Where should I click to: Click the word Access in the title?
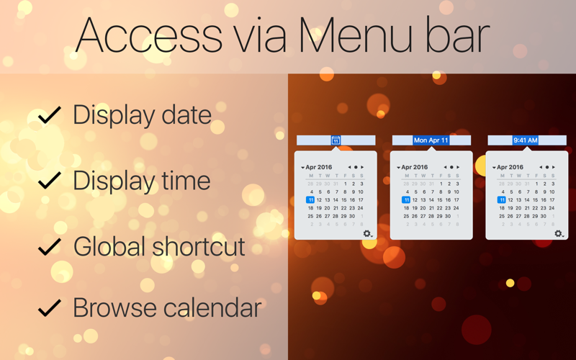[148, 35]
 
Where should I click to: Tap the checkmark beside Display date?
[49, 115]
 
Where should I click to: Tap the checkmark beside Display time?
[49, 180]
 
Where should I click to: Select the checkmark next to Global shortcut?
[49, 247]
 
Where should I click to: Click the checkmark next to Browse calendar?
[49, 308]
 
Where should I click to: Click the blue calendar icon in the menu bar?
[336, 140]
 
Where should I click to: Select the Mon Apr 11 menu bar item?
[431, 140]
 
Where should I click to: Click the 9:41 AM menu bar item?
[526, 140]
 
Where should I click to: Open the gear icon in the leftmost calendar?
[367, 233]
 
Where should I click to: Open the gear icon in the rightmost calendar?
[558, 233]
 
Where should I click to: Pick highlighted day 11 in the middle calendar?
[406, 200]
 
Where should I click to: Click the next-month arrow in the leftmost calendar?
[362, 167]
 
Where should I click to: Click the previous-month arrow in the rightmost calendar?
[541, 167]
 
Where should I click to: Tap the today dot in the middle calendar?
[451, 167]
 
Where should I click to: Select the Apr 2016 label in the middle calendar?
[414, 167]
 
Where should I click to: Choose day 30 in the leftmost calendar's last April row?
[352, 216]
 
